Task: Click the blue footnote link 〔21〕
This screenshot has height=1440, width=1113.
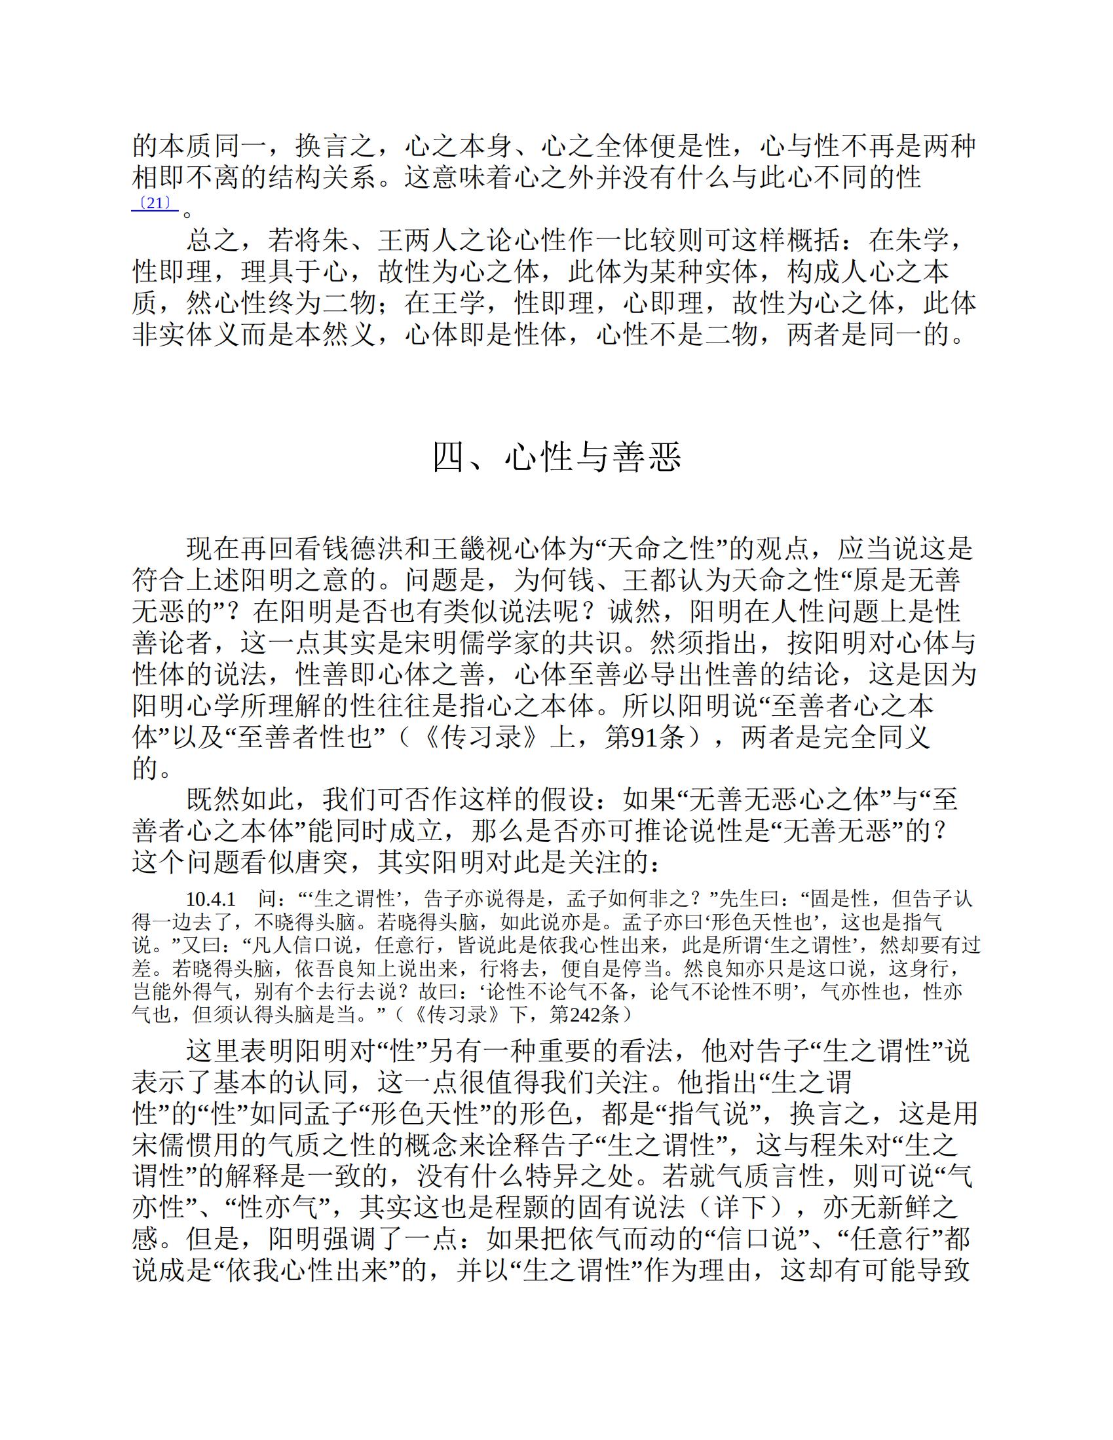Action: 155,203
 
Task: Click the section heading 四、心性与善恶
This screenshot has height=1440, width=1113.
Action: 556,456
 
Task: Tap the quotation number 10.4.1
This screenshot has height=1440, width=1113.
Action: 210,898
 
